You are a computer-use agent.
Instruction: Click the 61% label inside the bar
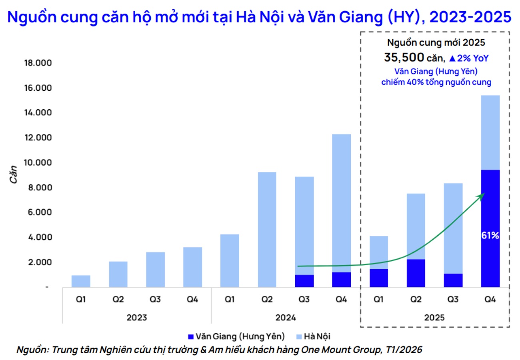point(490,236)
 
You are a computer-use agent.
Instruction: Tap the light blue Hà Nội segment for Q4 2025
point(490,132)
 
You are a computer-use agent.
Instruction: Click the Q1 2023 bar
point(81,281)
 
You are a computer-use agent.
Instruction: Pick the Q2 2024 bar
point(267,230)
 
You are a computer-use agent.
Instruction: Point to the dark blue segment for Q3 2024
point(304,281)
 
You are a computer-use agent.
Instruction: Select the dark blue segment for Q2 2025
point(416,273)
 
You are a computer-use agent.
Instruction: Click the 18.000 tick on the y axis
point(39,63)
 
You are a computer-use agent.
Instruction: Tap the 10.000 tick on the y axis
point(39,163)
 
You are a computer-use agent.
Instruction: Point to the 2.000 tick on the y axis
point(41,262)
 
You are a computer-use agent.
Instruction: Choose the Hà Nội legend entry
point(314,336)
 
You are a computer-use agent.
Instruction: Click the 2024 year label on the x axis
point(285,318)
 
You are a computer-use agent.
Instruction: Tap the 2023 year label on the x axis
point(136,318)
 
